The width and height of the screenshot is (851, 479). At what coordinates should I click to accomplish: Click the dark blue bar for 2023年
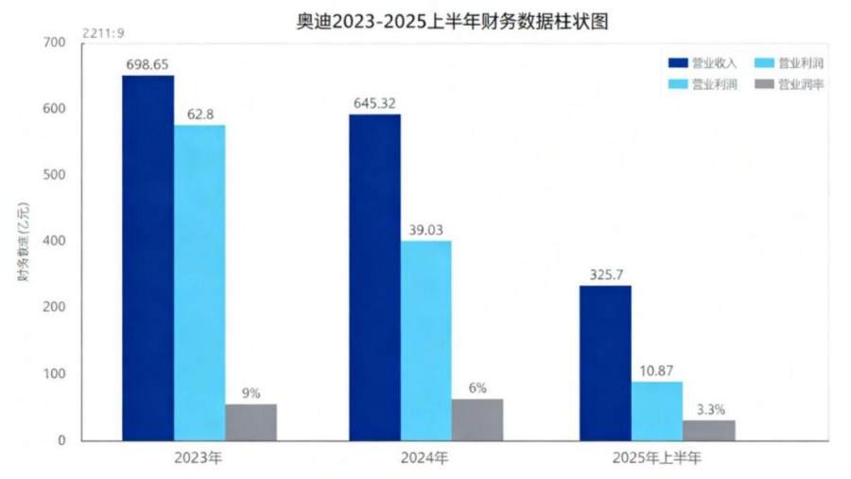pos(148,257)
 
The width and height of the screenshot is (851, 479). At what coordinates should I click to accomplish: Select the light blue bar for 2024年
pos(425,340)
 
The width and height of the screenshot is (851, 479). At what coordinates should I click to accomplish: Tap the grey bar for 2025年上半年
pos(708,430)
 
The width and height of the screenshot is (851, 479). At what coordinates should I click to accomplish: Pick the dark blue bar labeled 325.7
pos(605,363)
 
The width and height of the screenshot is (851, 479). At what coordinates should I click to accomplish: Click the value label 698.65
pos(148,63)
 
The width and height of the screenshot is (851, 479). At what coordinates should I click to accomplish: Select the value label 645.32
pos(374,102)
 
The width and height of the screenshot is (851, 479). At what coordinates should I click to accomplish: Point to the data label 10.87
pos(657,370)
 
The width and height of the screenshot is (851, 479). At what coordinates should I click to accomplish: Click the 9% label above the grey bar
pos(251,392)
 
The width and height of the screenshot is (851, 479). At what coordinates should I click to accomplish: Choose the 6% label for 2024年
pos(478,387)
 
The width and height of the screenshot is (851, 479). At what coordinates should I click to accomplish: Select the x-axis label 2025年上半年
pos(657,458)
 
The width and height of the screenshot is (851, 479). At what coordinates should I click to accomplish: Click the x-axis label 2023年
pos(199,458)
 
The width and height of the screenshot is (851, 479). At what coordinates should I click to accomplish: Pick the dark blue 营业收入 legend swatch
pos(677,63)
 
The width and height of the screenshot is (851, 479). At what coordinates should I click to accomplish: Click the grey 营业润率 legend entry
pos(785,84)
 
